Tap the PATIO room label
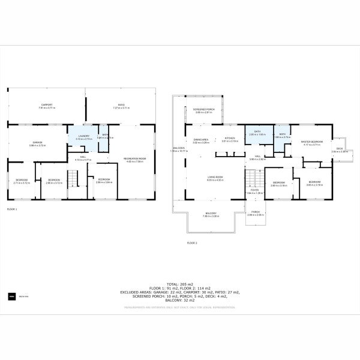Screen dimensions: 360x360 121,105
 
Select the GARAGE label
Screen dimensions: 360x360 37,143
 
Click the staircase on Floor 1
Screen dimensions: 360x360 73,179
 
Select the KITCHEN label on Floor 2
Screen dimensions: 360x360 230,139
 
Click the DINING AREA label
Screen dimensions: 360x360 201,139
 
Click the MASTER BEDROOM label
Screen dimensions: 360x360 312,142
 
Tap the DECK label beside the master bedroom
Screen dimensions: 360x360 340,149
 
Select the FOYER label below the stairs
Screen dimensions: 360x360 255,191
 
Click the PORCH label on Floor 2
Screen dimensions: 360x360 255,212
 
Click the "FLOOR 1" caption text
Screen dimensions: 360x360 12,209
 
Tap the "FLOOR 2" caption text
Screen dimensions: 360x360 192,242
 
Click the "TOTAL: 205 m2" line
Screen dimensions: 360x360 180,283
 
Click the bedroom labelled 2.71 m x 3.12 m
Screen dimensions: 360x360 22,182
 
